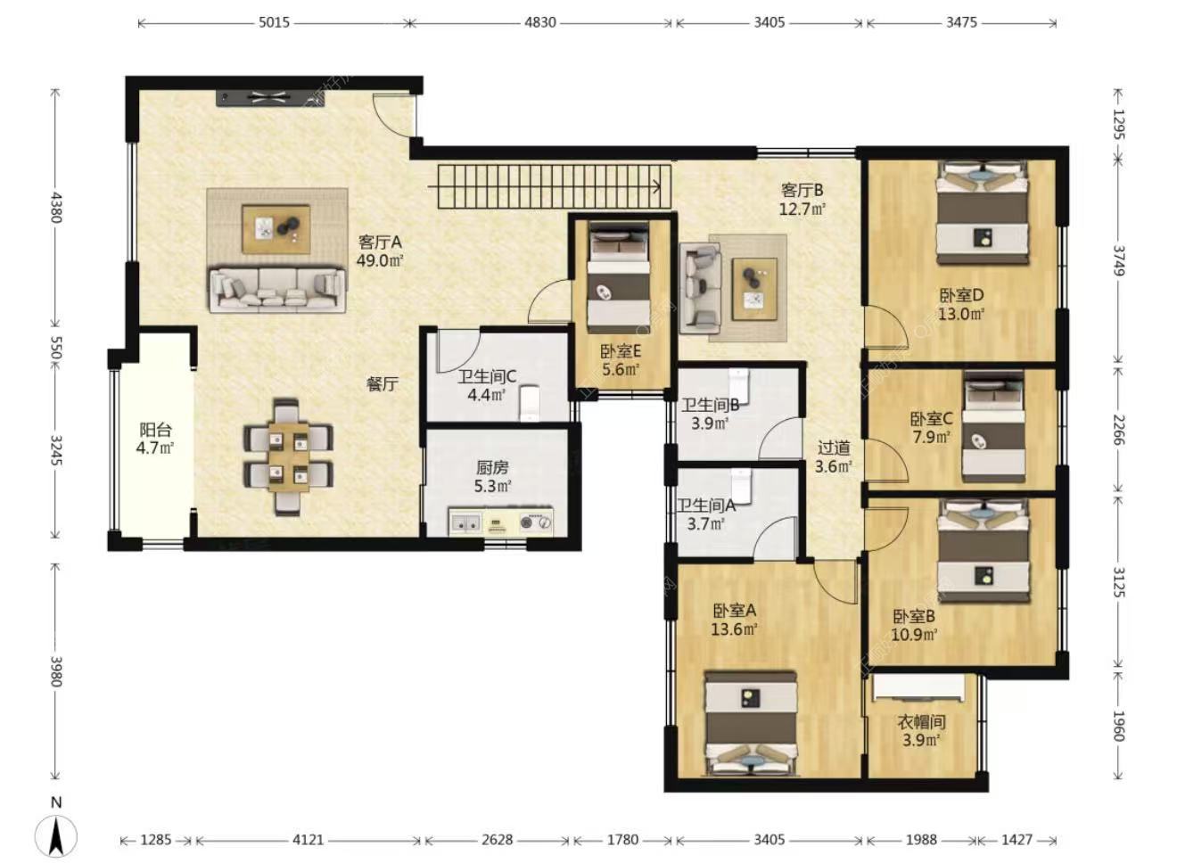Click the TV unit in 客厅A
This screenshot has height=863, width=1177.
tap(270, 98)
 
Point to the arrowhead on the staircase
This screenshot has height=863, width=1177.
tap(657, 186)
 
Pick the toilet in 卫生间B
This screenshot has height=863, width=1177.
tap(738, 384)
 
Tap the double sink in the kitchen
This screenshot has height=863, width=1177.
tap(465, 522)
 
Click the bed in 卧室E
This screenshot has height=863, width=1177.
tap(619, 277)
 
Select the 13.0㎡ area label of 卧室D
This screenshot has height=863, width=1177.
tap(961, 314)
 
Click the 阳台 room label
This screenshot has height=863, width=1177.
tap(155, 431)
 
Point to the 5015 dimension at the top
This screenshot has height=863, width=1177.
tap(274, 22)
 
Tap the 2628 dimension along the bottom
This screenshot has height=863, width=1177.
tap(497, 839)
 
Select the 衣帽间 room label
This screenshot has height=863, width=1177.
tap(921, 722)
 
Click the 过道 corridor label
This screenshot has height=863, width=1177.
tap(834, 448)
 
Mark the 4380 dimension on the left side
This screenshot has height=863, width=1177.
tap(56, 208)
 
